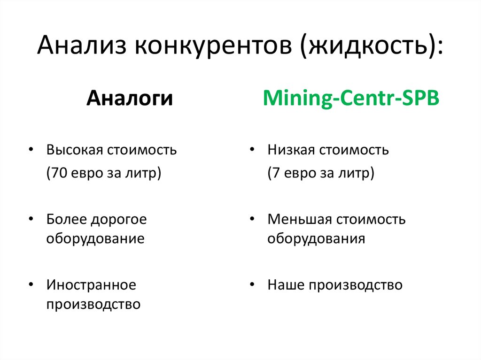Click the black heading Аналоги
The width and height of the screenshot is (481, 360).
[129, 100]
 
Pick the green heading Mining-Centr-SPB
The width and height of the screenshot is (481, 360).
[351, 100]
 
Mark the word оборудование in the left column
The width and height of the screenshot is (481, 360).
[95, 238]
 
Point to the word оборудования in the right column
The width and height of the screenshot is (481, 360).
[316, 238]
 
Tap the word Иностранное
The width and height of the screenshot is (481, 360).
[91, 284]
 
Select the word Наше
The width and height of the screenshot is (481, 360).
[284, 284]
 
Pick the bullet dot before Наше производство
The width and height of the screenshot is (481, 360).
[252, 284]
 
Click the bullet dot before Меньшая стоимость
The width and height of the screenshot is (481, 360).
[252, 218]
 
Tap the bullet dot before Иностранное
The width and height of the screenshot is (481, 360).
[31, 284]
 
